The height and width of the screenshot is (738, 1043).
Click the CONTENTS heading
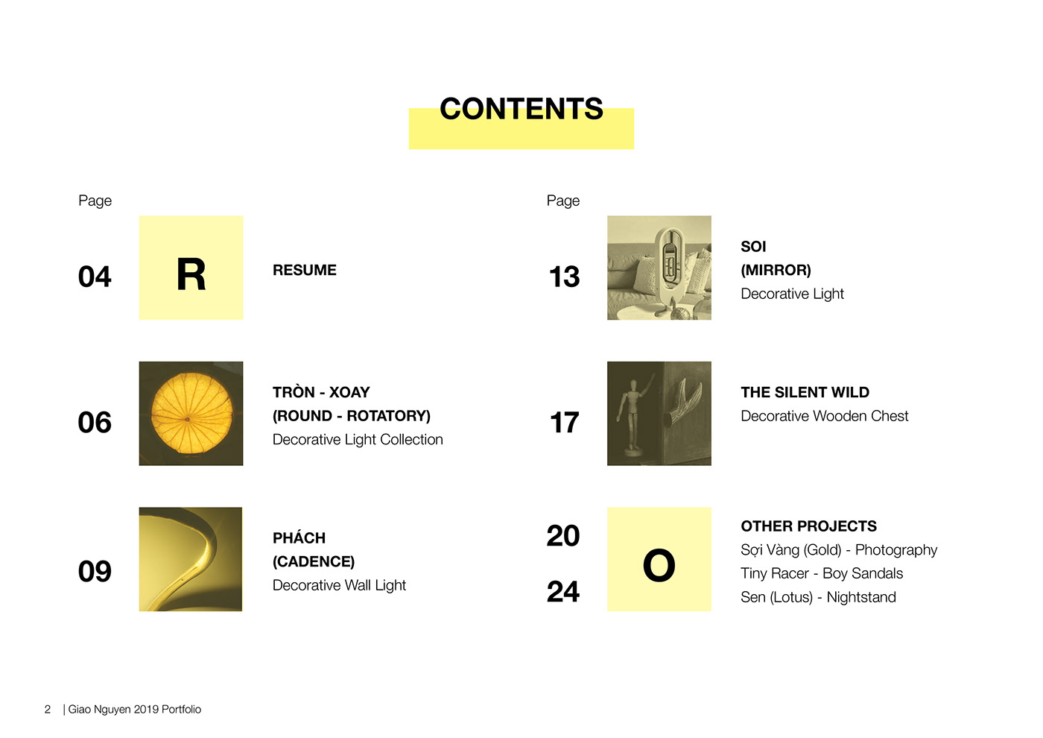click(x=521, y=109)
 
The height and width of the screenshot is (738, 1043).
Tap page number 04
click(x=95, y=277)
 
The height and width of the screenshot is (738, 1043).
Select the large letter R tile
click(x=191, y=268)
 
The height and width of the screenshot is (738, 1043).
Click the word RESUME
click(x=305, y=270)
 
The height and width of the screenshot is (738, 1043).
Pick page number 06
click(x=95, y=422)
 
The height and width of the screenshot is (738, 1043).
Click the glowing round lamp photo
click(x=191, y=413)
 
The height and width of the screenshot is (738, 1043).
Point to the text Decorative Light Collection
click(x=358, y=439)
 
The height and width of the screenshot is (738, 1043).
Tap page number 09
click(x=95, y=571)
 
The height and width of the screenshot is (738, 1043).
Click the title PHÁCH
click(x=299, y=537)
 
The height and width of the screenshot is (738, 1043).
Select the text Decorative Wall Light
click(x=339, y=585)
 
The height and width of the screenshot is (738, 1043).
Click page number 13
click(x=565, y=277)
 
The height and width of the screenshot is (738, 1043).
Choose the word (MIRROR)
click(x=776, y=270)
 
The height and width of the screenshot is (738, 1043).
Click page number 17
click(x=565, y=422)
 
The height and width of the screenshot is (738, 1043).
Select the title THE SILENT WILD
click(x=805, y=392)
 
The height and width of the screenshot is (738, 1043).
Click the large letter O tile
click(x=659, y=559)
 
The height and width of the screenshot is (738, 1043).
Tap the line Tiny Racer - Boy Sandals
click(x=822, y=573)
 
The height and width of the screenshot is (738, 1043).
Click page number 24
click(x=563, y=591)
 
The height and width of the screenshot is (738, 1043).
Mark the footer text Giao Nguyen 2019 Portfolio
click(x=135, y=709)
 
